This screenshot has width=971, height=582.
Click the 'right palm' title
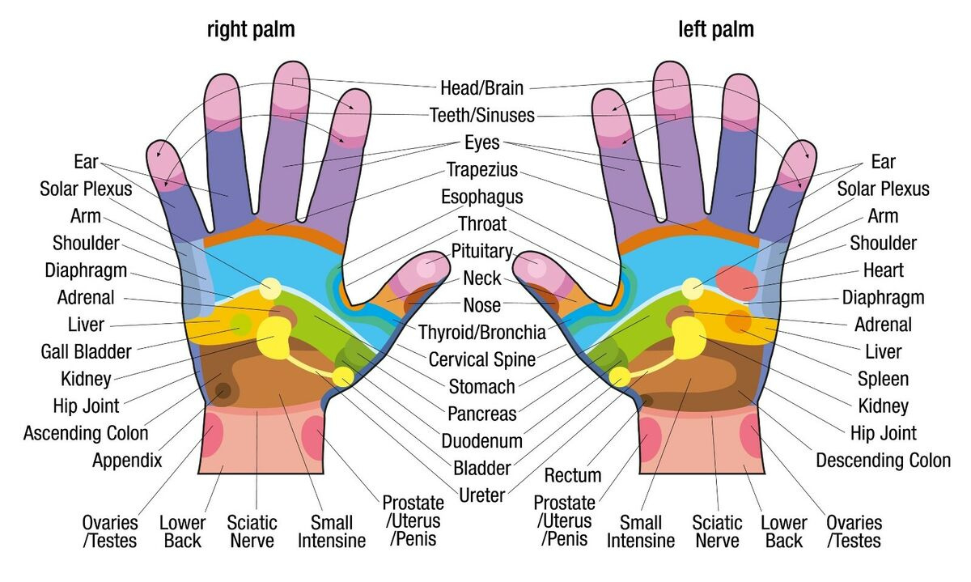(x=251, y=31)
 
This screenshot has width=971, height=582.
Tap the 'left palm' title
(x=716, y=31)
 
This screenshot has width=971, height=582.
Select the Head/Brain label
(x=482, y=87)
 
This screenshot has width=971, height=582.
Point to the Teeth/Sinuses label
(x=482, y=115)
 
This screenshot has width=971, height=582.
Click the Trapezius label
(x=482, y=170)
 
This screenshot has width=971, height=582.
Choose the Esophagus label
(x=482, y=197)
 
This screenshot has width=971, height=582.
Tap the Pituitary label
(x=482, y=252)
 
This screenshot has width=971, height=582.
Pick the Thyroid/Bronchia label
(x=482, y=332)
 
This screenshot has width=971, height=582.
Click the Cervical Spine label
(x=482, y=359)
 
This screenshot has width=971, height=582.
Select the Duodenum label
(x=482, y=441)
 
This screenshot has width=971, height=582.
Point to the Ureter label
(x=482, y=495)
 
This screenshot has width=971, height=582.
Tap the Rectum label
(x=573, y=475)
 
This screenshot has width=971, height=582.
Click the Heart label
(x=884, y=270)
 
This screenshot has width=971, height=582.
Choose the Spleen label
(x=884, y=379)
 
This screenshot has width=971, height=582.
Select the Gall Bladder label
(x=86, y=351)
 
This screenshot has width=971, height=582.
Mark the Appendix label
(x=127, y=461)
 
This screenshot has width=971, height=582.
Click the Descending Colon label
(x=884, y=461)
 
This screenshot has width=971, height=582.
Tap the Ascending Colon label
(x=86, y=433)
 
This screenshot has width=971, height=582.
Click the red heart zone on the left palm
(x=738, y=281)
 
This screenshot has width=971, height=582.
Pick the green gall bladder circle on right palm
(x=240, y=325)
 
